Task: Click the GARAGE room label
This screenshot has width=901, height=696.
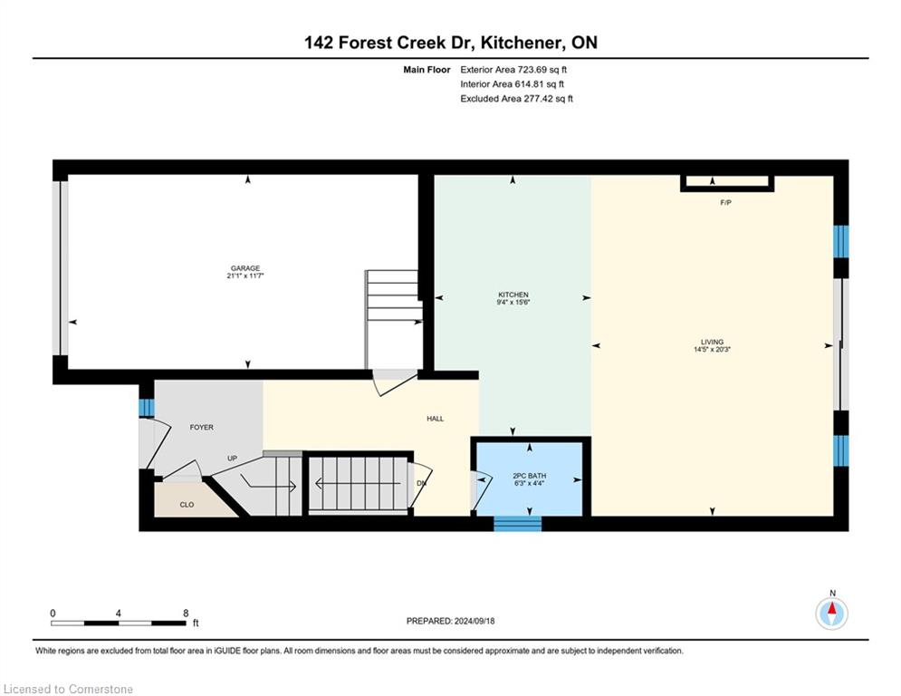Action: tap(245, 268)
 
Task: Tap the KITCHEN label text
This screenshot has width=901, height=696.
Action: tap(513, 295)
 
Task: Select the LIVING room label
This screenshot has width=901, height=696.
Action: tap(712, 342)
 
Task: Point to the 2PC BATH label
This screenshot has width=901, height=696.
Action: tap(529, 476)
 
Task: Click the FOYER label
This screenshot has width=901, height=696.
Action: tap(202, 428)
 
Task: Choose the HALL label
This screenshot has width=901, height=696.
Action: tap(435, 419)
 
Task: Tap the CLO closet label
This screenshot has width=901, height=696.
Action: tap(187, 505)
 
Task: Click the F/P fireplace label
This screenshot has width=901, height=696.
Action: tap(725, 202)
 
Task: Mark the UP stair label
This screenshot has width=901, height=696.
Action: tap(232, 459)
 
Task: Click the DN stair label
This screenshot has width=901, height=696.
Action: tap(421, 483)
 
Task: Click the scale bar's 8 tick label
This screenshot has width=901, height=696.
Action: tap(186, 614)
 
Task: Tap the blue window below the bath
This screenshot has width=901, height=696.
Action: tap(518, 524)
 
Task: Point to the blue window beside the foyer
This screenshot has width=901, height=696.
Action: tap(147, 408)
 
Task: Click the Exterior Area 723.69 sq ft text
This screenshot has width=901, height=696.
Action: tap(513, 70)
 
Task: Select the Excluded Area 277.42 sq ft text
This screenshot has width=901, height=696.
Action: tap(516, 99)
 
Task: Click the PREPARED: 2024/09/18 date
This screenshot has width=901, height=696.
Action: tap(451, 621)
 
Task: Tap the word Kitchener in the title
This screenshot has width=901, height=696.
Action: tap(519, 43)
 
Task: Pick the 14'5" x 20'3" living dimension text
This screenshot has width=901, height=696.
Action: tap(712, 349)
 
